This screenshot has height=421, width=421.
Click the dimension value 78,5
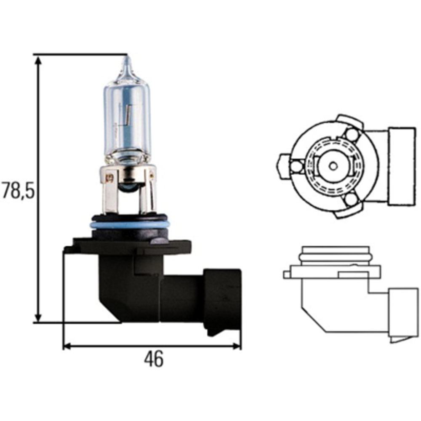16,190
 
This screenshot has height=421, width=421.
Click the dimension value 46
153,359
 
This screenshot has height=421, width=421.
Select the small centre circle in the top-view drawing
333,166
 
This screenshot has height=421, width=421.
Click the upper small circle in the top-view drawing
351,135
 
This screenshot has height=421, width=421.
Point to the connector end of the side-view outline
403,314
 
